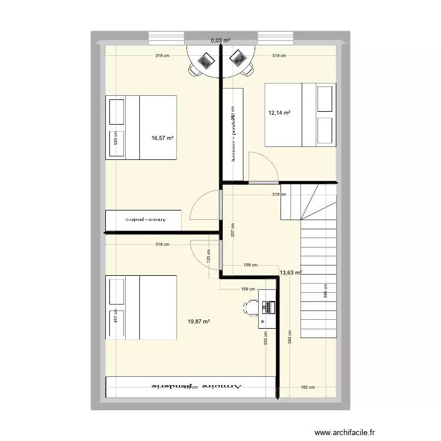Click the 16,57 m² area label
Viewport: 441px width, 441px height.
pos(163,138)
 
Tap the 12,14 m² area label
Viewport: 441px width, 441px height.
pos(279,113)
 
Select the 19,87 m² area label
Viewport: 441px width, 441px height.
pos(199,321)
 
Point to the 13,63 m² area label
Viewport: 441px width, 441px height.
pos(290,273)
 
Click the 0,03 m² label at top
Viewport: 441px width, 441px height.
pos(220,41)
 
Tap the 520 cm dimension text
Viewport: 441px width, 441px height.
pos(116,138)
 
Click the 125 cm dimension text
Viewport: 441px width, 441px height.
pos(208,256)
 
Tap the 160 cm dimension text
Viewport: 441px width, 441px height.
pos(308,387)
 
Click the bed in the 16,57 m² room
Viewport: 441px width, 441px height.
pos(141,127)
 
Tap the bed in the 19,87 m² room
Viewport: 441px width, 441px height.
pos(141,307)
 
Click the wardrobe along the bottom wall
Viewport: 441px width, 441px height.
pos(191,387)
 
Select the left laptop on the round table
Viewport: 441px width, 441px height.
pos(207,59)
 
